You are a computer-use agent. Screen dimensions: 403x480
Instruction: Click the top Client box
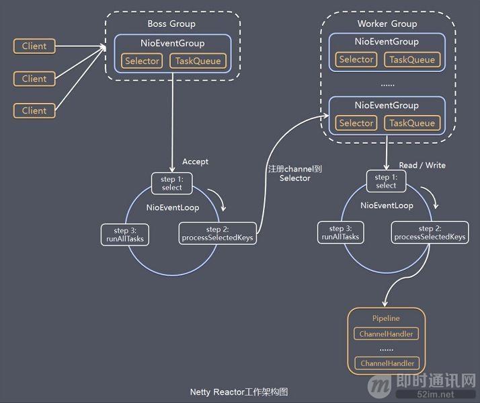(34, 46)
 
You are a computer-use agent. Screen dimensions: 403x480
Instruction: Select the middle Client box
(34, 79)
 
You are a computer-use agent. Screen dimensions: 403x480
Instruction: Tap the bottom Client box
(34, 110)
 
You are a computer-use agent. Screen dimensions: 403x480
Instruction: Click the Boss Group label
(171, 24)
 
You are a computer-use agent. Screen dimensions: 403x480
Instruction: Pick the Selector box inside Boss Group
(142, 61)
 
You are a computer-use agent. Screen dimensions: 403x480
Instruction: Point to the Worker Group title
(387, 24)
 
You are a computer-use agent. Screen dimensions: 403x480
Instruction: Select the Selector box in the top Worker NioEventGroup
(356, 60)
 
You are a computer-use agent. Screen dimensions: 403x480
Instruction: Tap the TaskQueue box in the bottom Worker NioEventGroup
(411, 123)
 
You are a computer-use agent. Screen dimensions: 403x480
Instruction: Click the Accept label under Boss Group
(195, 161)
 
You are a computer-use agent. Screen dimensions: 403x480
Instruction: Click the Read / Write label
(422, 165)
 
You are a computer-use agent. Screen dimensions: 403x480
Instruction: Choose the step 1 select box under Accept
(172, 183)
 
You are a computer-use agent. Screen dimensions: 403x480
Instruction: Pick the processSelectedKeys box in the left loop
(217, 234)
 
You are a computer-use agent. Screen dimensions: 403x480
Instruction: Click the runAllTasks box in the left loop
(124, 234)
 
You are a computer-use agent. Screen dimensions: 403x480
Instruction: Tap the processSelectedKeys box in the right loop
(430, 233)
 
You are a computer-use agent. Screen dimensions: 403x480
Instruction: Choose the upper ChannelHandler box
(386, 334)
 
